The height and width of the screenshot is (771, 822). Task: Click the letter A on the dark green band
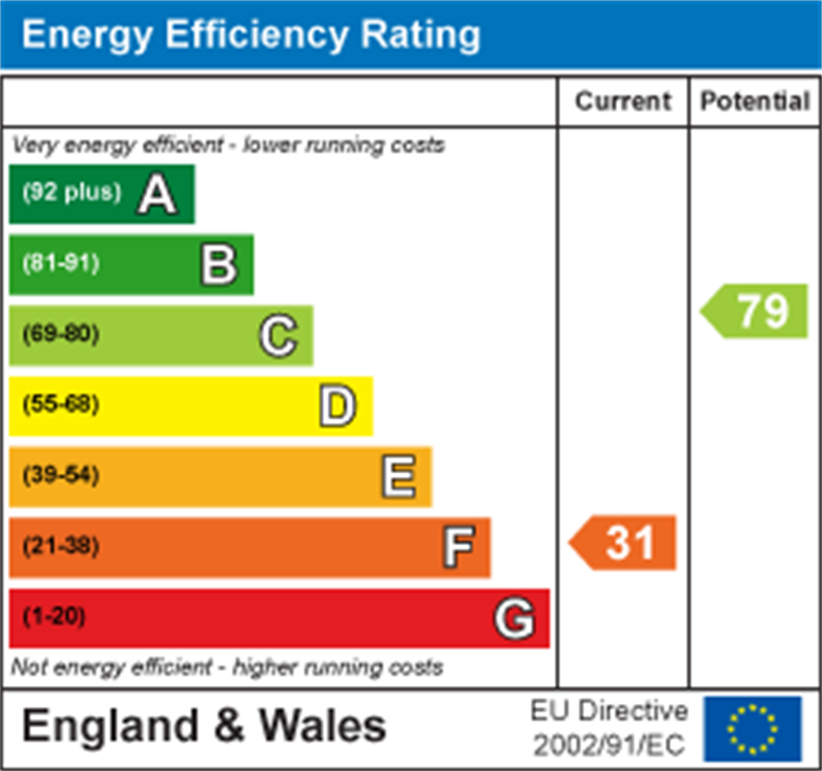(157, 195)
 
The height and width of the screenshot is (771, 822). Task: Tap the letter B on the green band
(218, 265)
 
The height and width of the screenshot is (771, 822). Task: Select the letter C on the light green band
(279, 335)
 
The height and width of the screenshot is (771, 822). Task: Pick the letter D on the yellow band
(337, 406)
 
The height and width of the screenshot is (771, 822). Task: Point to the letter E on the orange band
(398, 476)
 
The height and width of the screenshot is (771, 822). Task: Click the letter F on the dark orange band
(458, 547)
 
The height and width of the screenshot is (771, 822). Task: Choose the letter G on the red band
(515, 619)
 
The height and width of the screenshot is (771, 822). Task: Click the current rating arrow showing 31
(624, 543)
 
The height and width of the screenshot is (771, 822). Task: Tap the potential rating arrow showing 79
(756, 311)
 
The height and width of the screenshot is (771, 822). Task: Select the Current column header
(623, 101)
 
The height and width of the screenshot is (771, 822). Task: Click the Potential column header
(755, 101)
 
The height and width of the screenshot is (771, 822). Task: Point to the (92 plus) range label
(72, 192)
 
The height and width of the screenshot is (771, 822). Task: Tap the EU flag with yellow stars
(752, 729)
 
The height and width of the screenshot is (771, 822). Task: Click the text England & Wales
(204, 727)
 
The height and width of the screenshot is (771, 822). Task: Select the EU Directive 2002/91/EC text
(608, 728)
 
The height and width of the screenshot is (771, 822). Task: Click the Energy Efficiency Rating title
(250, 35)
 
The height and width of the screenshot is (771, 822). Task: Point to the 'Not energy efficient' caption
(227, 667)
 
